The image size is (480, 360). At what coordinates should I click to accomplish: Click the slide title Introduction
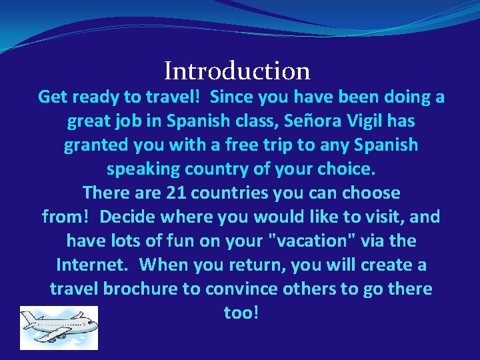(237, 71)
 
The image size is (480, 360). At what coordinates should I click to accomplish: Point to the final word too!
(241, 313)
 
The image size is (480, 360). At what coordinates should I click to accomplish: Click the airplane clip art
(59, 327)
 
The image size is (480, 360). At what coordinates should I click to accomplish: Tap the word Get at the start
(53, 97)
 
